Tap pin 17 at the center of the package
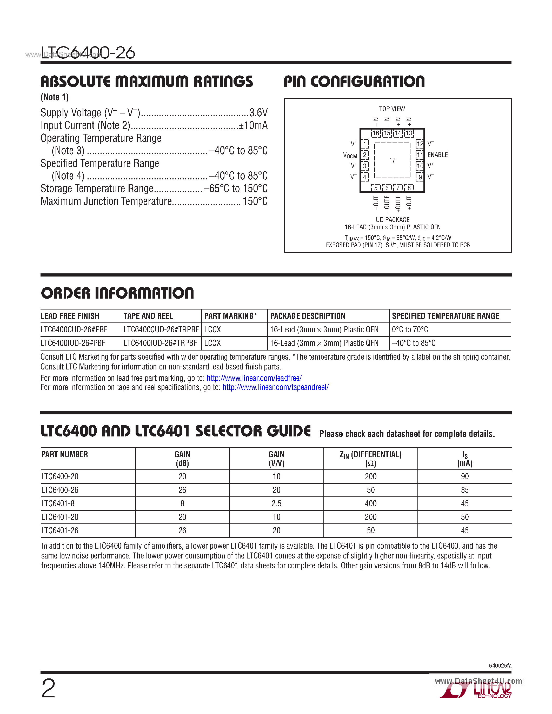pos(392,160)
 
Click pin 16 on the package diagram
pos(376,133)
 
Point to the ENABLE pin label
pos(437,155)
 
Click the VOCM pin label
pos(350,155)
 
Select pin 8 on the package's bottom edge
pos(409,188)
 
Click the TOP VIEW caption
pos(392,109)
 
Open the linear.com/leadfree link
pos(254,378)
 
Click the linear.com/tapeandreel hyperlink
pos(275,387)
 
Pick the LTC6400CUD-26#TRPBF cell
pos(161,329)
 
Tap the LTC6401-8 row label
pos(58,503)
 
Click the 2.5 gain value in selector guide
pos(276,503)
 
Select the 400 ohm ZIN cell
pos(370,503)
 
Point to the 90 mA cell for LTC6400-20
pos(464,477)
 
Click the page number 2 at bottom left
pos(48,688)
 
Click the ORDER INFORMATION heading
pos(117,293)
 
